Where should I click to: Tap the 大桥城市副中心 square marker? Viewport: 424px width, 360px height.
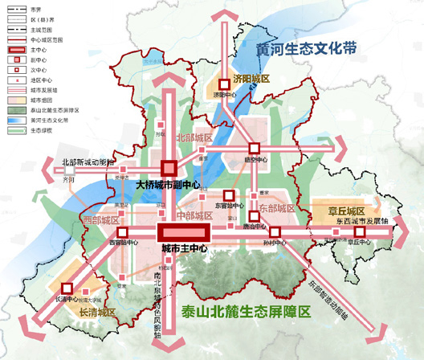pyautogui.click(x=169, y=168)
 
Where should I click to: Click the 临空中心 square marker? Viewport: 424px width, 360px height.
pyautogui.click(x=255, y=148)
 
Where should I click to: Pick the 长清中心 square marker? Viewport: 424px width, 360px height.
pyautogui.click(x=67, y=287)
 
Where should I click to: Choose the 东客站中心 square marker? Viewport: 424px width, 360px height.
pyautogui.click(x=228, y=195)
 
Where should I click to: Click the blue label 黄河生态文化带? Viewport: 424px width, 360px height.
pyautogui.click(x=306, y=49)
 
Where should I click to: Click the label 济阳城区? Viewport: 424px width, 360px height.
pyautogui.click(x=251, y=79)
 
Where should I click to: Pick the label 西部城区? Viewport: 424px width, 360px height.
pyautogui.click(x=100, y=219)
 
